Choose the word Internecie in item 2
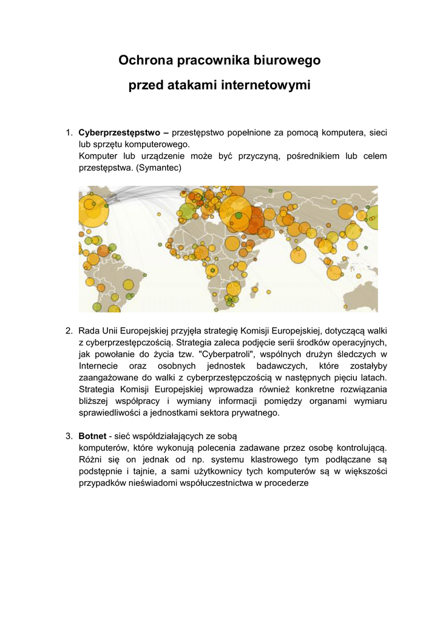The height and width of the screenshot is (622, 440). point(98,366)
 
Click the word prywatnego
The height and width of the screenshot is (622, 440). point(258,413)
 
